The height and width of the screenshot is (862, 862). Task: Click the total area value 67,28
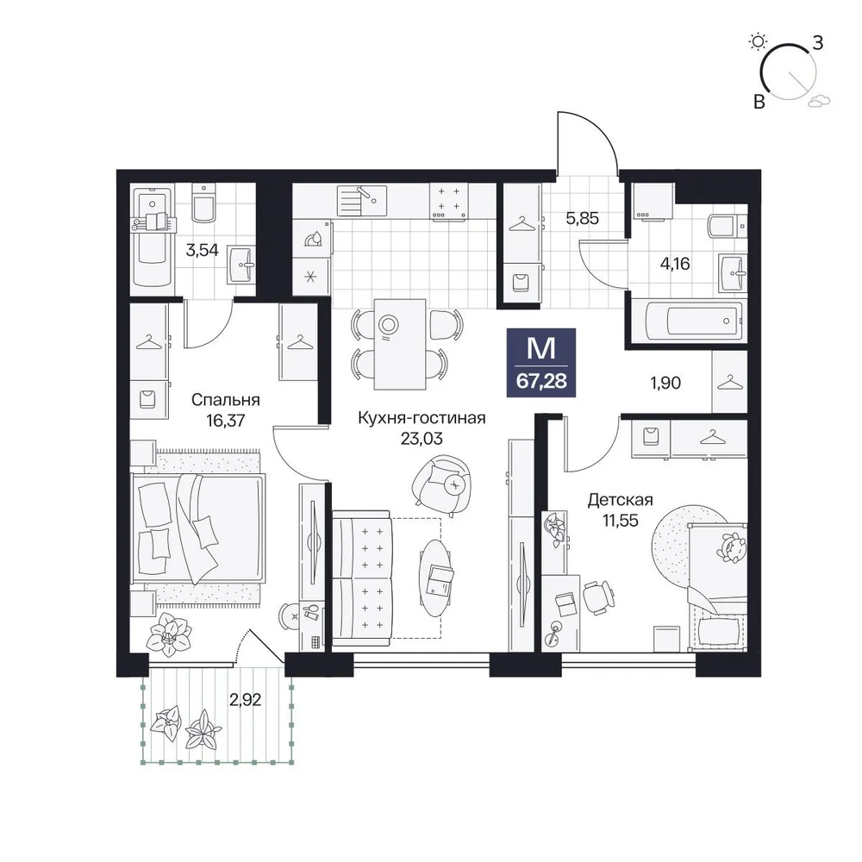[541, 381]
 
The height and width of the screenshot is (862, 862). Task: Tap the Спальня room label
[225, 400]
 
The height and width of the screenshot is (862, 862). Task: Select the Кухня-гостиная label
[422, 418]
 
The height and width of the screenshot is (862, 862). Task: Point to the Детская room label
[620, 500]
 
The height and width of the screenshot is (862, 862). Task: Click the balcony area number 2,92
[245, 700]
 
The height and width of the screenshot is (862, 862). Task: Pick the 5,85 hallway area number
[582, 218]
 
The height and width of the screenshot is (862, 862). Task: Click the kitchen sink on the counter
[362, 201]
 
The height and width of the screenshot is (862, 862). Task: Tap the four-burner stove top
[448, 202]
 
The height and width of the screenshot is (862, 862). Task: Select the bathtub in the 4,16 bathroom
[694, 321]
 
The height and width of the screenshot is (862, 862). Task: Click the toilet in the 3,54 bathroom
[204, 203]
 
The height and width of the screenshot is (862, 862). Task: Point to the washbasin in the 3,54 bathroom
[240, 265]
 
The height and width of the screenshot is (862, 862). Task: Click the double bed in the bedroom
[198, 528]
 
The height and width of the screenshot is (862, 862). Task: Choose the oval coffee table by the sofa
[438, 578]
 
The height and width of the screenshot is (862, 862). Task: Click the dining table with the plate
[400, 344]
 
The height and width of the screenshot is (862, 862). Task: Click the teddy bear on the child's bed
[732, 548]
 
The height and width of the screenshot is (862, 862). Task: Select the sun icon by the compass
[759, 41]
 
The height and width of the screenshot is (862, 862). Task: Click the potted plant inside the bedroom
[169, 634]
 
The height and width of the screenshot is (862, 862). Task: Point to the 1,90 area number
[665, 383]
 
